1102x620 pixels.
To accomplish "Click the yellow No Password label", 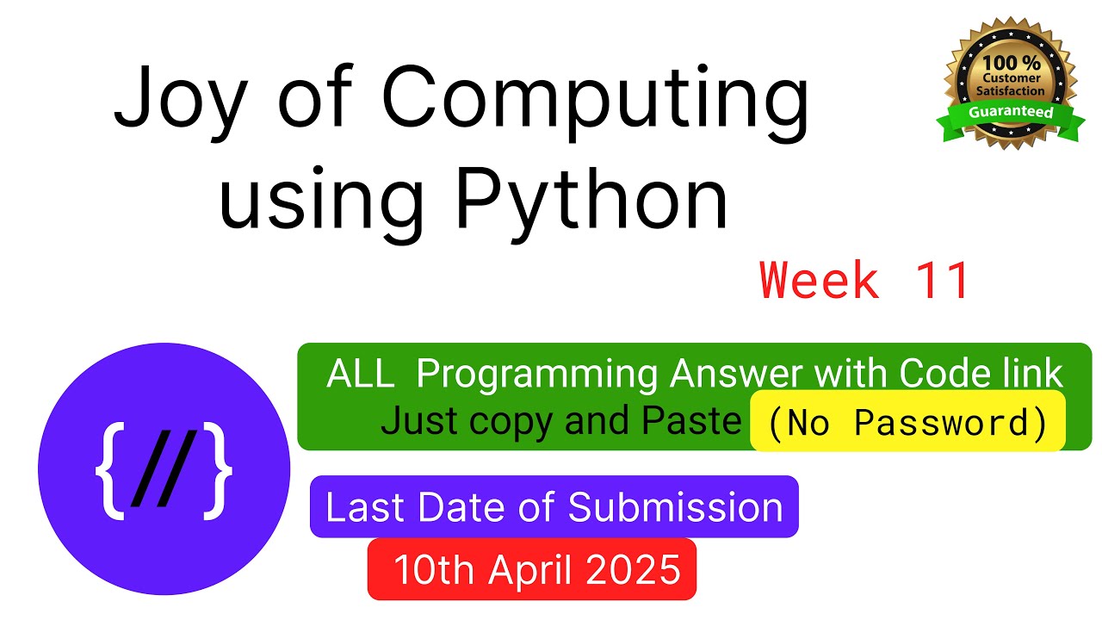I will coord(907,422).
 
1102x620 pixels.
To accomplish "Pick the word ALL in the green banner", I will coord(361,375).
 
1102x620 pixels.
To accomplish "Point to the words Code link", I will coord(981,374).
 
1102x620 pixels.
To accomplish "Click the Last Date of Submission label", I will coord(554,507).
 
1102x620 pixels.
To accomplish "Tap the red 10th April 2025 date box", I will coord(531,569).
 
